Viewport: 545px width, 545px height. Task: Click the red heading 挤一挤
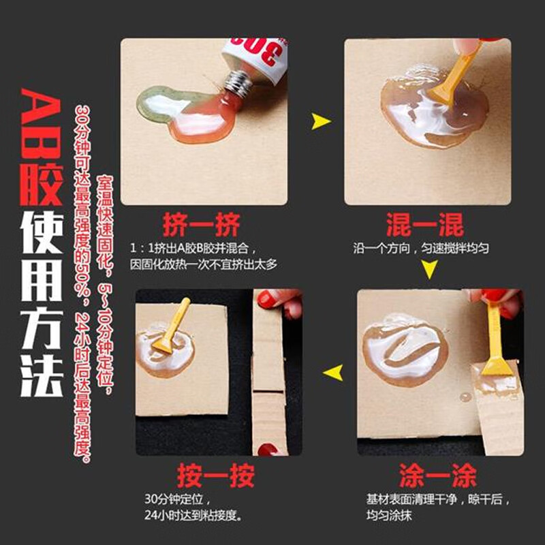click(201, 224)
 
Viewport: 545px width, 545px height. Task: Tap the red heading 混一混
click(424, 224)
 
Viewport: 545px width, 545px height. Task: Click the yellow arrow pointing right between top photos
click(321, 123)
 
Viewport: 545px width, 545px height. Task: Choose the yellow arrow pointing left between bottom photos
click(332, 372)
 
